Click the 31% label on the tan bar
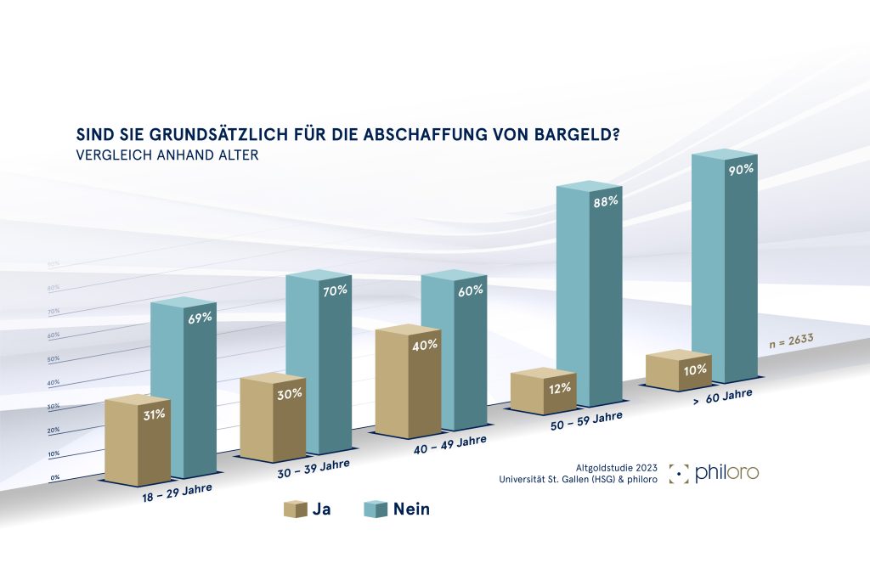[154, 414]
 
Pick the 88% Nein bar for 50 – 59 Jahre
[589, 297]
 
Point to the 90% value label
[741, 169]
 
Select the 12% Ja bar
[544, 392]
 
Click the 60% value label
[470, 290]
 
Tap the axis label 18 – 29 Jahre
[178, 494]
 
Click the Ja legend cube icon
[293, 510]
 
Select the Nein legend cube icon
[375, 510]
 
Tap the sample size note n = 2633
[789, 341]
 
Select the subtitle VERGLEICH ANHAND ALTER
[167, 156]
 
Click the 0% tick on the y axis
[54, 478]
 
